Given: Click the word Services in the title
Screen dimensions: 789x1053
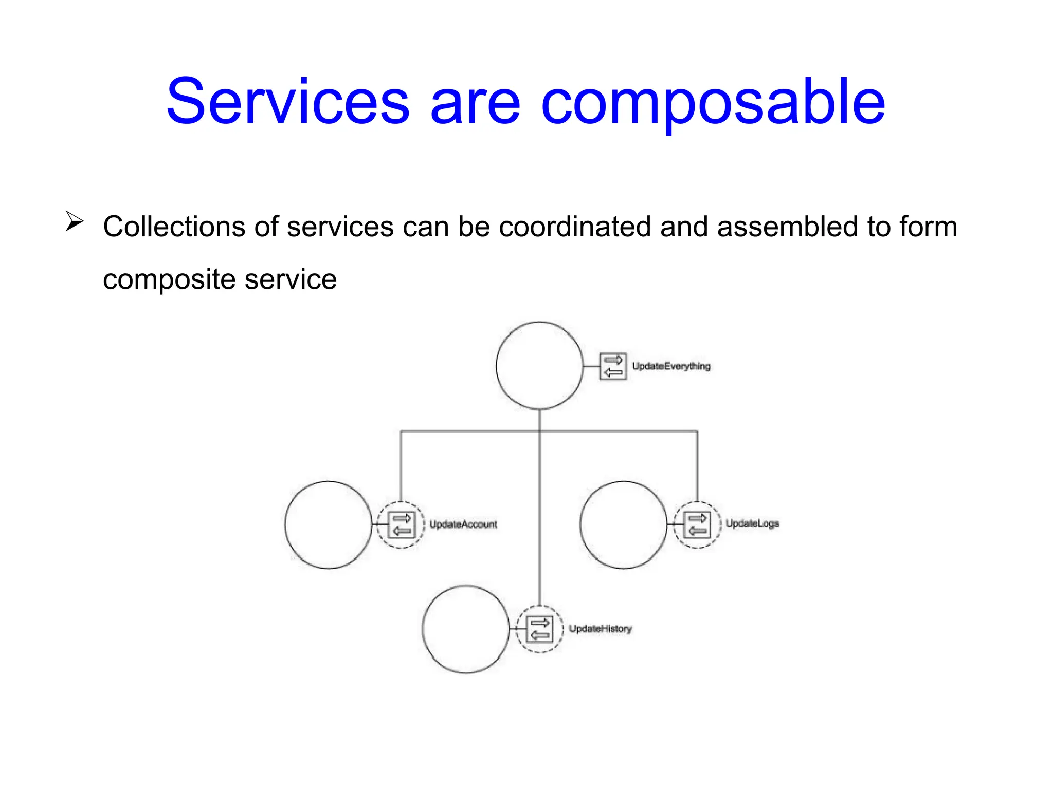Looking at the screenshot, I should (288, 101).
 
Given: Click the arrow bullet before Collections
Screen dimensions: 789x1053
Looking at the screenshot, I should (75, 221).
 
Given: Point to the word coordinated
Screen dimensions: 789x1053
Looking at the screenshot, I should (574, 227).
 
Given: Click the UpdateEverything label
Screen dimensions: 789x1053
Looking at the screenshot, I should (671, 366).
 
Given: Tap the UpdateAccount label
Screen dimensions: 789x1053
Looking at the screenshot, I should (463, 524).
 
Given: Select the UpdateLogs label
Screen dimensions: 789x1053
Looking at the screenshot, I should (752, 523).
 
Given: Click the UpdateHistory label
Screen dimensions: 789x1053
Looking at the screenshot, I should (600, 629).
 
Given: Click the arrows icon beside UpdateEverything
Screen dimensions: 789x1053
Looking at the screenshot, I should (613, 366).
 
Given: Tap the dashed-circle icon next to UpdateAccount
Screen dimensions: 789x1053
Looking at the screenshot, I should (401, 524).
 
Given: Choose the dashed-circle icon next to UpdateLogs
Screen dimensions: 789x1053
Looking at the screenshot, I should (697, 524).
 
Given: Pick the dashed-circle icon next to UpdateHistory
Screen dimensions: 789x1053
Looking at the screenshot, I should (539, 629).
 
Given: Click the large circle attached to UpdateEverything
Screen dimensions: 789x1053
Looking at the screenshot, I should (539, 366).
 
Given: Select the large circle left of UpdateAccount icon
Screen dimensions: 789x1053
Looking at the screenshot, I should (328, 524).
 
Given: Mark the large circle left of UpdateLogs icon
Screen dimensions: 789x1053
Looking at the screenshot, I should (623, 524).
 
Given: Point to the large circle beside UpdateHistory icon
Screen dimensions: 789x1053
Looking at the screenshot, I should (466, 629).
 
